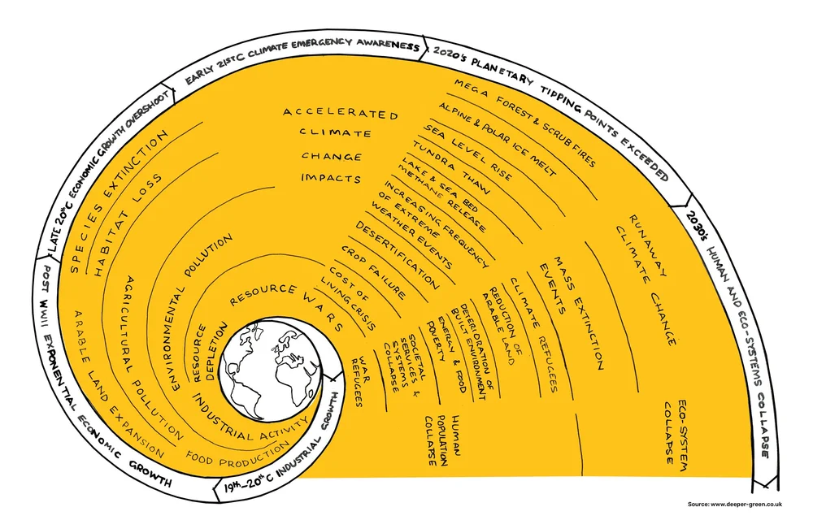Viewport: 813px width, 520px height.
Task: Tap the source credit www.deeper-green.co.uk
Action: [746, 505]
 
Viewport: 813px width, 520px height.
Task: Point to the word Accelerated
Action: [341, 113]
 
